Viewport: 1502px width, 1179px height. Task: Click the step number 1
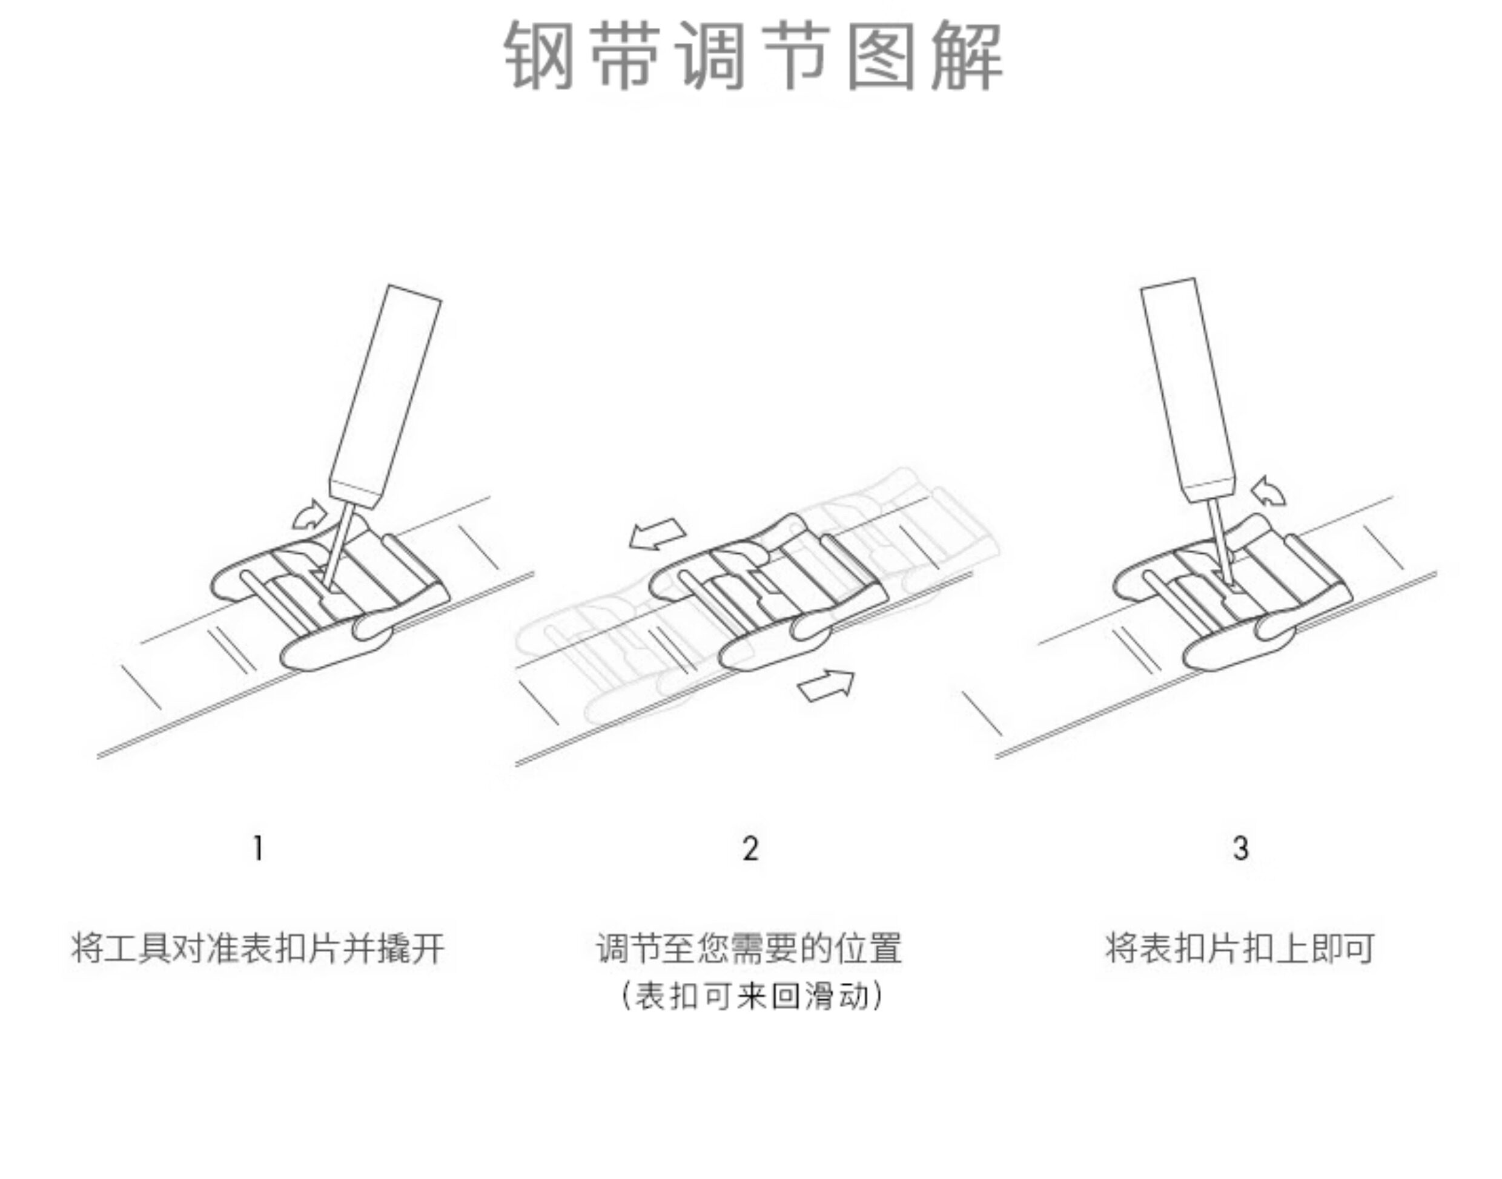pyautogui.click(x=258, y=849)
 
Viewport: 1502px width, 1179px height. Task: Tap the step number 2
pyautogui.click(x=750, y=849)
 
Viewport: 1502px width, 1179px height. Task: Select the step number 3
pyautogui.click(x=1240, y=849)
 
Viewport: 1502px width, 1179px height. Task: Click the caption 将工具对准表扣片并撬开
pyautogui.click(x=258, y=948)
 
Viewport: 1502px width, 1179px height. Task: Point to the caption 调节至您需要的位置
pyautogui.click(x=750, y=948)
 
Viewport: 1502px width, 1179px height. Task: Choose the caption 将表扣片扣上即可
pyautogui.click(x=1240, y=948)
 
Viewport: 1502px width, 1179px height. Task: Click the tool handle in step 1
pyautogui.click(x=385, y=393)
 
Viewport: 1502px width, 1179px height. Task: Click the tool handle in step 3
pyautogui.click(x=1188, y=390)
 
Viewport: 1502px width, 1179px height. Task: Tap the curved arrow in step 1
pyautogui.click(x=309, y=515)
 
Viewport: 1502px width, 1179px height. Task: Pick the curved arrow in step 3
pyautogui.click(x=1269, y=491)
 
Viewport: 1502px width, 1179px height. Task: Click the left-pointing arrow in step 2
pyautogui.click(x=657, y=534)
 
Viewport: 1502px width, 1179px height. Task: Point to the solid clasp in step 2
pyautogui.click(x=767, y=594)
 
